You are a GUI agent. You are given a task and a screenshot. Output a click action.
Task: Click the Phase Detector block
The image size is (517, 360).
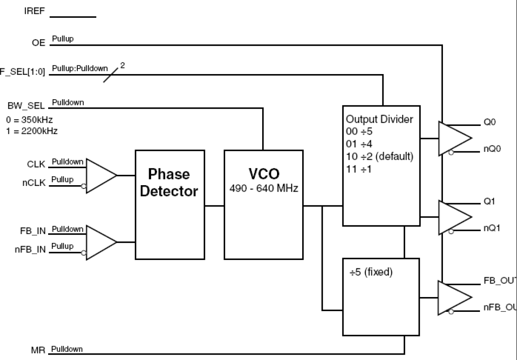click(170, 204)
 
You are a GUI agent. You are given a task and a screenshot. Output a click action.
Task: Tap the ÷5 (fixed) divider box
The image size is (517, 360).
click(381, 296)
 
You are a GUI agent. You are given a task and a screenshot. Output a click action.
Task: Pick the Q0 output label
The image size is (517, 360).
click(489, 123)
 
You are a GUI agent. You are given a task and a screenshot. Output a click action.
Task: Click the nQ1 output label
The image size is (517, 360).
click(492, 229)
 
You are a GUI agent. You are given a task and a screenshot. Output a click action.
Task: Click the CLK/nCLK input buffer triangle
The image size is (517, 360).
click(100, 176)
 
